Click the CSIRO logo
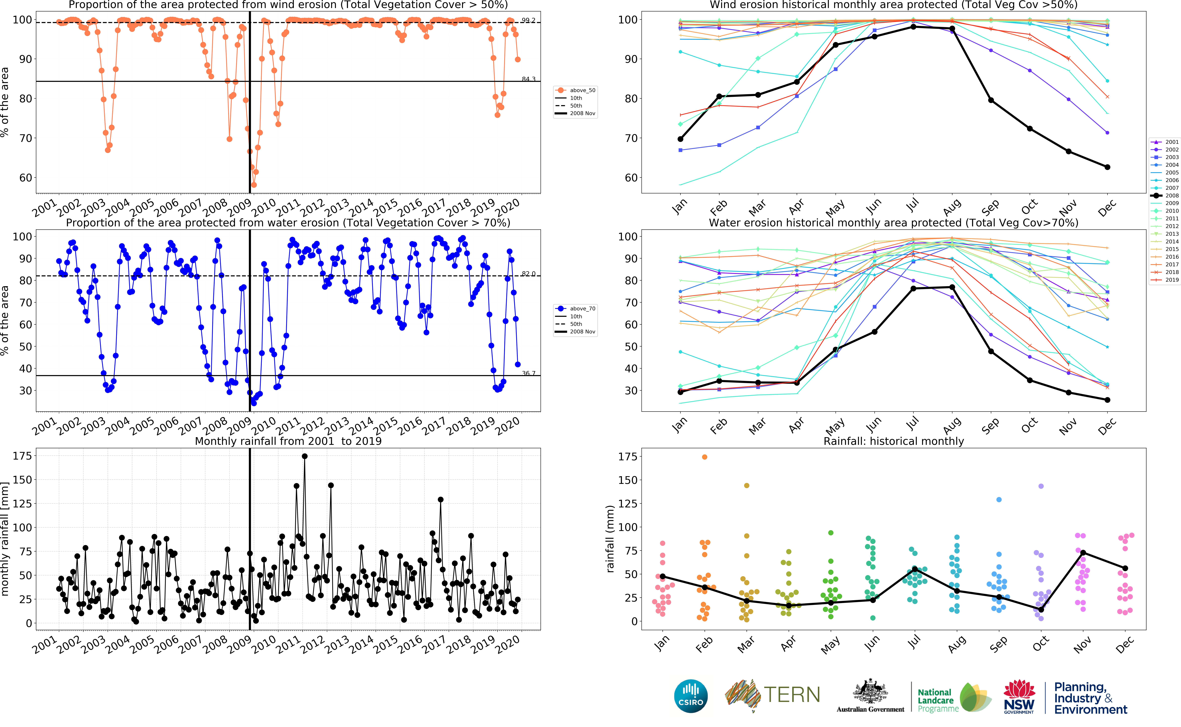691,696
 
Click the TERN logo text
791,695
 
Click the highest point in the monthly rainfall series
305,456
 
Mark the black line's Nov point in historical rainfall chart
1083,552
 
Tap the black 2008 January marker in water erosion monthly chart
680,392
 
